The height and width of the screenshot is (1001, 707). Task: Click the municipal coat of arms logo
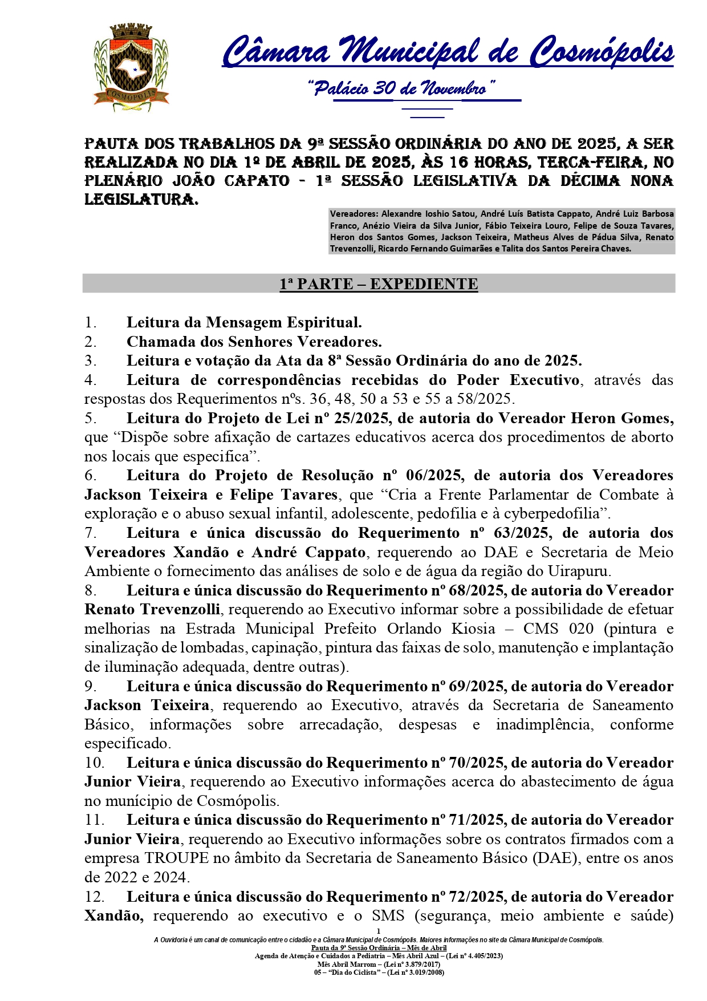[x=131, y=67]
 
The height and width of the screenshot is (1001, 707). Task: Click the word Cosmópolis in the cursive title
[x=602, y=51]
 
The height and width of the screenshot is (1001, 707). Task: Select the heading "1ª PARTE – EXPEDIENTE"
[x=379, y=283]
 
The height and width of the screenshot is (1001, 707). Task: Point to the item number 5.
[x=90, y=418]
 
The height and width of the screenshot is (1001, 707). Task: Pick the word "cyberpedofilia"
[x=552, y=513]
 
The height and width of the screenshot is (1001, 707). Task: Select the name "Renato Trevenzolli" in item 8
[x=152, y=609]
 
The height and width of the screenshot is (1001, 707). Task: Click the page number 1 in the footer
[x=379, y=931]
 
